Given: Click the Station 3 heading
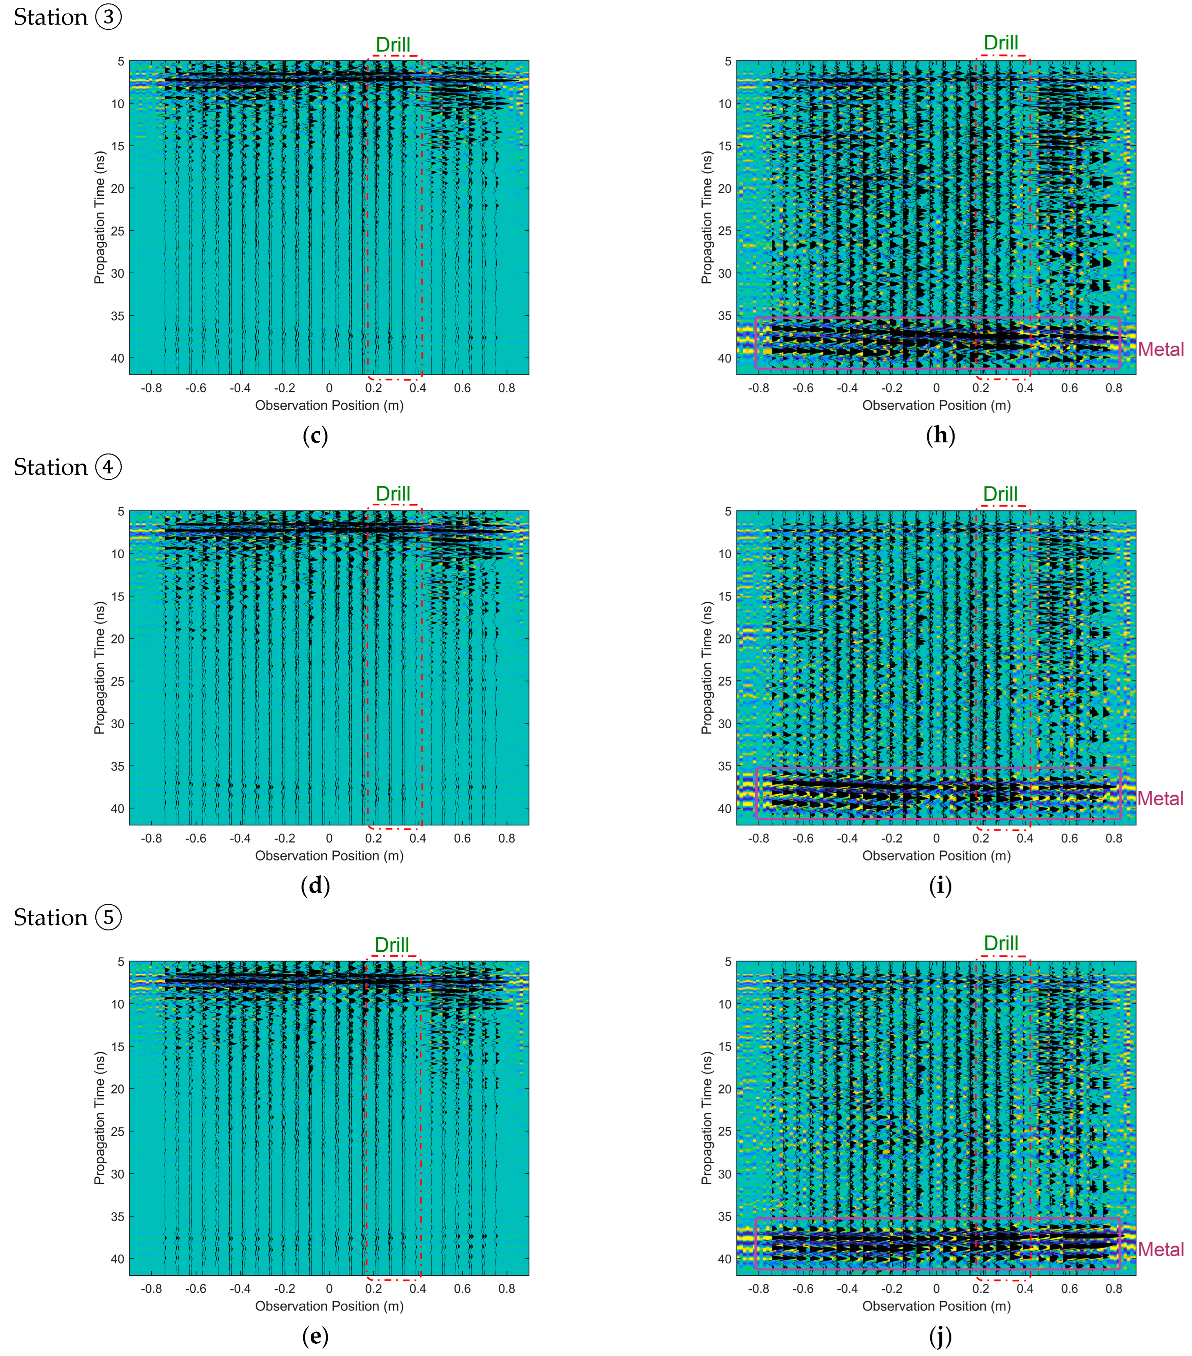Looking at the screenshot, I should click(68, 17).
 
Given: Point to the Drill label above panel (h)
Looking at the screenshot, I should click(1000, 43).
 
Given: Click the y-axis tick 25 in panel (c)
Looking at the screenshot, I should click(118, 231).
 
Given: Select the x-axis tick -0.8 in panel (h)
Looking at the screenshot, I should click(758, 388).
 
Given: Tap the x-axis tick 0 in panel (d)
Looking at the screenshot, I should click(329, 839).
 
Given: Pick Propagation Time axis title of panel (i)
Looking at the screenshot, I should click(706, 668).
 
